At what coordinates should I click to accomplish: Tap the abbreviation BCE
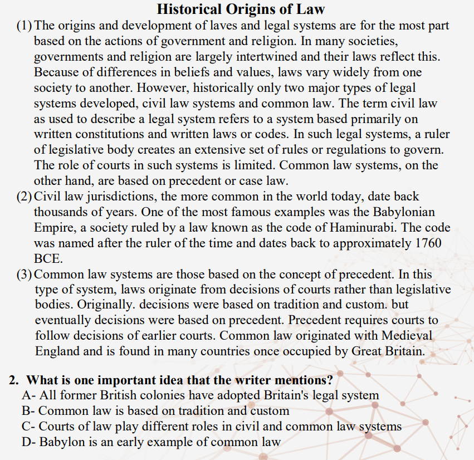(x=48, y=259)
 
